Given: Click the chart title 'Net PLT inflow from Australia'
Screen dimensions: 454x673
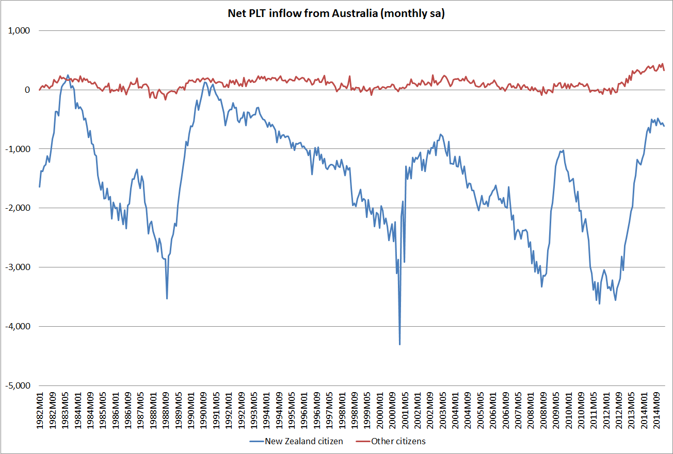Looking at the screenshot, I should (336, 14).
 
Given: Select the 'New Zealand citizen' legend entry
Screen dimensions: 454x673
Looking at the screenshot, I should (303, 441).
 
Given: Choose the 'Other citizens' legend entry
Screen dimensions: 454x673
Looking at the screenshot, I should (396, 441).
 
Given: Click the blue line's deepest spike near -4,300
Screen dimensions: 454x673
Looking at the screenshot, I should (400, 344).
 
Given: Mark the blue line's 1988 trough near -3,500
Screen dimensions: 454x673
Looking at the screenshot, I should (167, 298).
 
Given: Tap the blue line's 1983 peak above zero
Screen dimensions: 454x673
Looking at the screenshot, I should (68, 75).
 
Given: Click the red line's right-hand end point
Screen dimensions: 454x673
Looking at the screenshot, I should (664, 70).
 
